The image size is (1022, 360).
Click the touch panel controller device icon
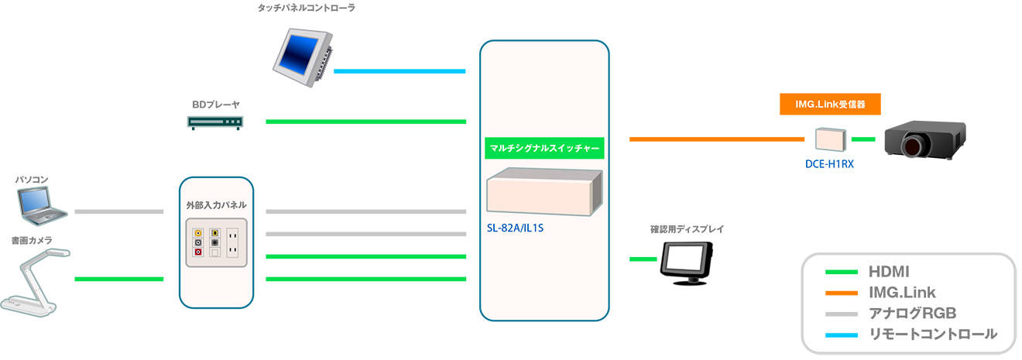point(303,57)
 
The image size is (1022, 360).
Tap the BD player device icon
point(215,123)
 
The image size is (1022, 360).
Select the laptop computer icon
point(42,206)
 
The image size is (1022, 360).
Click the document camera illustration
point(35,283)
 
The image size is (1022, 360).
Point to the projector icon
point(924,139)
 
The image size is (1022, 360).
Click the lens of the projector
point(912,147)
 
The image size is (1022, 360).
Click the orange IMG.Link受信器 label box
point(830,104)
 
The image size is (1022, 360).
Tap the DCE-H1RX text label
point(829,164)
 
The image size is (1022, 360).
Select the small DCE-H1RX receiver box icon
point(830,139)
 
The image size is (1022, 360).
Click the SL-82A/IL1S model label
point(515,228)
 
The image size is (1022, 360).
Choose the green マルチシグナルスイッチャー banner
point(544,149)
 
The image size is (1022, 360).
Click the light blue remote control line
point(400,71)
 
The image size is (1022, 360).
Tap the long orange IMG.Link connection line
point(717,139)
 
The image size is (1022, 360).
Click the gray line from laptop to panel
point(119,211)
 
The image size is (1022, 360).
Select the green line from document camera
point(119,279)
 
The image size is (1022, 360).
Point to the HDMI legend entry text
point(889,272)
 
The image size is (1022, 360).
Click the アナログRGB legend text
point(913,313)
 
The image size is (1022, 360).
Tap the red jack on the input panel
point(198,252)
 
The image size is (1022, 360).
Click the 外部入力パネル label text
point(216,205)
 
